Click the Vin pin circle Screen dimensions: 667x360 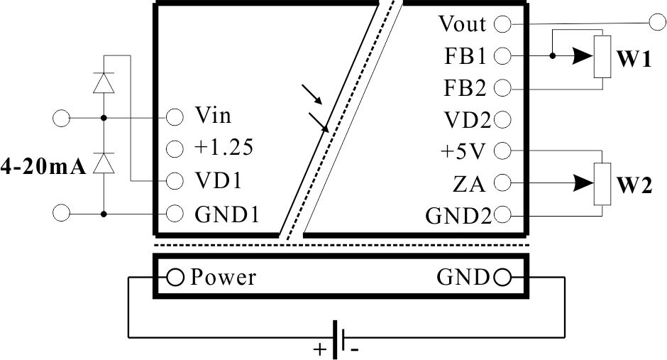[x=175, y=117]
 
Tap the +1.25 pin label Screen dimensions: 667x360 [x=224, y=147]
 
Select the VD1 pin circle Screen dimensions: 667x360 [x=175, y=181]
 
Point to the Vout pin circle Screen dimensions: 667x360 [x=502, y=24]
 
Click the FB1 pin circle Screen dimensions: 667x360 [x=502, y=55]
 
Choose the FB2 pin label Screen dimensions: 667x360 [x=465, y=88]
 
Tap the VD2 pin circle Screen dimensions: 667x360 [x=502, y=119]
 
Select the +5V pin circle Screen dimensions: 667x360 [x=502, y=151]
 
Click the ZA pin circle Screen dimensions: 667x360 [x=502, y=182]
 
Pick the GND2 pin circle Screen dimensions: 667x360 [x=502, y=215]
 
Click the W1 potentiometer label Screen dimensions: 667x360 [x=634, y=59]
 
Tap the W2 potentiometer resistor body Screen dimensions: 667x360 [x=602, y=184]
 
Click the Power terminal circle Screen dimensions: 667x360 [x=175, y=278]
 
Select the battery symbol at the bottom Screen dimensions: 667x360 [x=338, y=339]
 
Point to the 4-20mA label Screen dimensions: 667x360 [x=43, y=167]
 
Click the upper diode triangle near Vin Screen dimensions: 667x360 [x=104, y=82]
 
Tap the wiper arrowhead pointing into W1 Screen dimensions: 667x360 [x=583, y=55]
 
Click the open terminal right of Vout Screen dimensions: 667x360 [x=658, y=22]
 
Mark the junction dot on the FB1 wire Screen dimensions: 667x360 [x=552, y=55]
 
